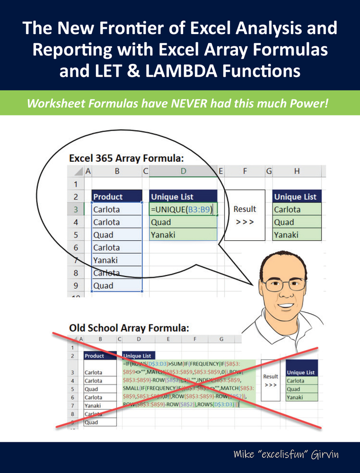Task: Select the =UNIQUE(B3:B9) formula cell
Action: pyautogui.click(x=183, y=210)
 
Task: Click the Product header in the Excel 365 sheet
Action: pyautogui.click(x=108, y=197)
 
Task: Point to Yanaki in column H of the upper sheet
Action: pyautogui.click(x=287, y=235)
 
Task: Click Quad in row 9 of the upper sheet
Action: pyautogui.click(x=103, y=286)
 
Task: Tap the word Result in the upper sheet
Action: pyautogui.click(x=245, y=209)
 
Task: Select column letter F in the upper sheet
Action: pyautogui.click(x=245, y=172)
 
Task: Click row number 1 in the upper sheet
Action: pyautogui.click(x=75, y=184)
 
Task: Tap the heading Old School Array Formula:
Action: pyautogui.click(x=129, y=327)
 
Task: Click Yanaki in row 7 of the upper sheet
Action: pyautogui.click(x=105, y=260)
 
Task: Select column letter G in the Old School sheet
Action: pyautogui.click(x=221, y=339)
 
